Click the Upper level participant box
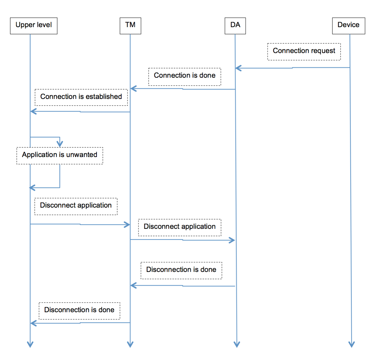coord(34,26)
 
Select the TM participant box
coord(130,26)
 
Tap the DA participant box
coord(235,26)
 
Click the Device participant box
coord(349,26)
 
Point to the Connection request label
coord(304,52)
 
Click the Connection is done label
coord(185,76)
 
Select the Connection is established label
coord(81,97)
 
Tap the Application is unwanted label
coord(60,155)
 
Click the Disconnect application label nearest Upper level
coord(76,206)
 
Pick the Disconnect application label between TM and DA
coord(180,227)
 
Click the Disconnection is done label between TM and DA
coord(181,270)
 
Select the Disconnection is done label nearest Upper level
coord(79,311)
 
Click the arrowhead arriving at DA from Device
coord(238,68)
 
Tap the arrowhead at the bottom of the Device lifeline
coord(352,344)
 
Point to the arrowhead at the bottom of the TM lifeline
coord(130,344)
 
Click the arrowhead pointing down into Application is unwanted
coord(60,144)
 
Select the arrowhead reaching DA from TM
coord(232,240)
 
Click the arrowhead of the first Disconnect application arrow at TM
coord(127,224)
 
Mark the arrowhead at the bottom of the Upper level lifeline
coord(30,344)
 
